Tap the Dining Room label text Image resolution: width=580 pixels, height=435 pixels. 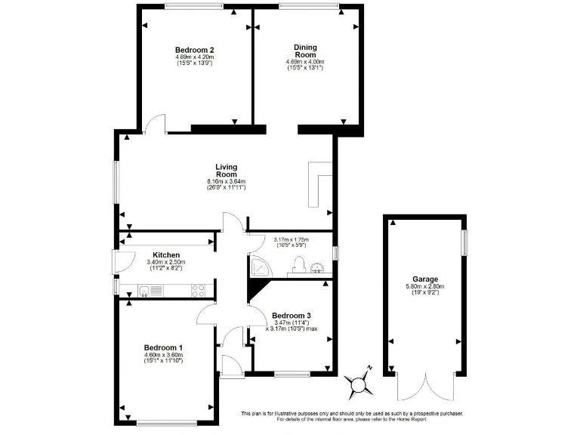(x=304, y=51)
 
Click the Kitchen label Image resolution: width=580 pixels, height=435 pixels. (x=165, y=255)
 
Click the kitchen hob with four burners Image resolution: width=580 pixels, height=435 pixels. (x=199, y=289)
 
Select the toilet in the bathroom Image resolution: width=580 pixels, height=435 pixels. (x=298, y=264)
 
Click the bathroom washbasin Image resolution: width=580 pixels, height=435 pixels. (x=318, y=265)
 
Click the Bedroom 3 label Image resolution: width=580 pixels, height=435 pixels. (x=292, y=315)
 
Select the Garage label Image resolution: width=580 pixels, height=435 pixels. (x=425, y=279)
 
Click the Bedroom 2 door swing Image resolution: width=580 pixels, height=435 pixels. (x=155, y=123)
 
